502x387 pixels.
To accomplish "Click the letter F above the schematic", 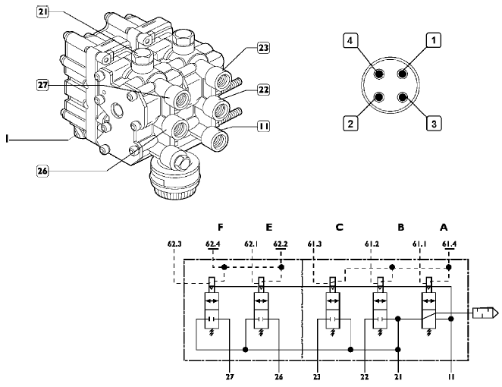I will click(220, 226).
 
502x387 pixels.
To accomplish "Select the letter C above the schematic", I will click(340, 226).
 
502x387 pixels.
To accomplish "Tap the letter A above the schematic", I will click(444, 226).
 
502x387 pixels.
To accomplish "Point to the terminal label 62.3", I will click(175, 244).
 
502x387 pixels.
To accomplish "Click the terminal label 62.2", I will click(280, 244).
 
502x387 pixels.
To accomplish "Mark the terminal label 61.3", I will click(315, 244).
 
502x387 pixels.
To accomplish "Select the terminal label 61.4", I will click(449, 244).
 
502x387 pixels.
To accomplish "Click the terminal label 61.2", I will click(372, 244).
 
